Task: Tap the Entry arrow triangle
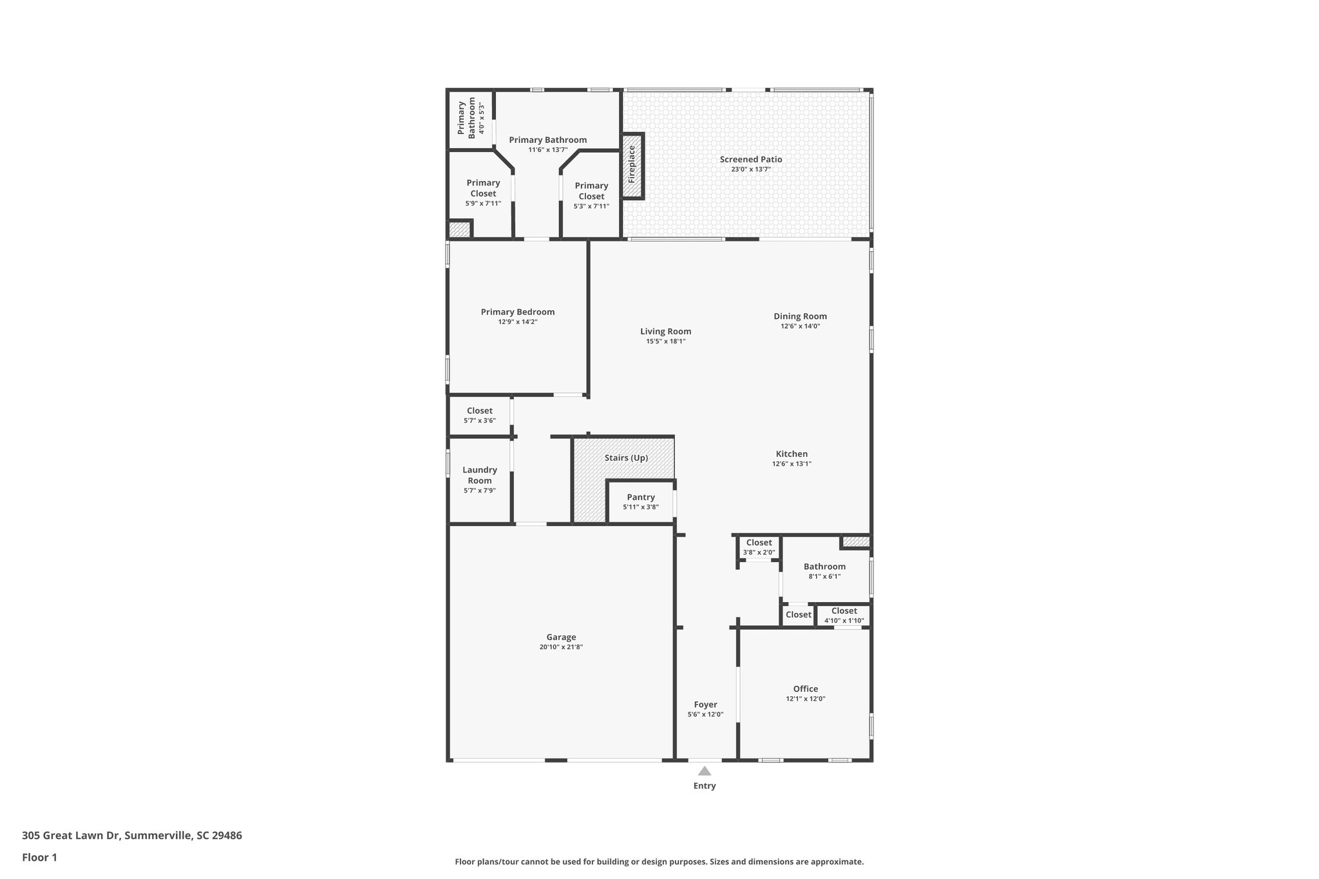coord(705,771)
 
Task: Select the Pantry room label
coord(640,497)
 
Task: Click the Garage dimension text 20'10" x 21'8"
coord(561,647)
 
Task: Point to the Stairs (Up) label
coord(626,458)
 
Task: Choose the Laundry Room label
coord(479,475)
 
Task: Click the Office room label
coord(805,688)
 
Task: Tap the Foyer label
coord(705,704)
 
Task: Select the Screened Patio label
coord(751,159)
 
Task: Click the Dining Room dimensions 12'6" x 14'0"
coord(800,326)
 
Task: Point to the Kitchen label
coord(792,454)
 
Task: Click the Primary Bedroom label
coord(517,312)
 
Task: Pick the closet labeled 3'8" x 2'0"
coord(759,547)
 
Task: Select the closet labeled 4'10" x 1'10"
coord(844,616)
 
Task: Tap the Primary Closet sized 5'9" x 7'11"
coord(483,193)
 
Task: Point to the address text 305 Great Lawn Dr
coord(131,835)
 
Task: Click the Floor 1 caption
coord(39,857)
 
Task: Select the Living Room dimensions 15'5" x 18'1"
coord(665,341)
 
